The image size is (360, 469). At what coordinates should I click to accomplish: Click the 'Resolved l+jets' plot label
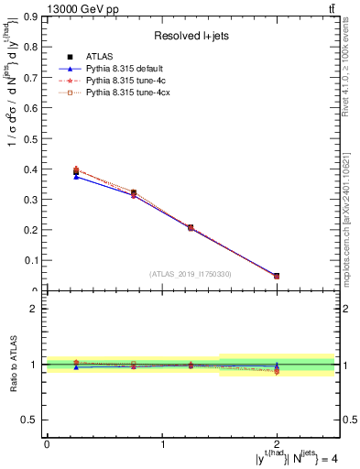tap(191, 36)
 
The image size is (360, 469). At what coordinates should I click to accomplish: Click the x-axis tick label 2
tap(278, 444)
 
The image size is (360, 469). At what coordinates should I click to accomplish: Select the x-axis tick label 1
tap(162, 444)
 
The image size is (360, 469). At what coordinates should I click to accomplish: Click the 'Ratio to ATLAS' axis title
tap(13, 364)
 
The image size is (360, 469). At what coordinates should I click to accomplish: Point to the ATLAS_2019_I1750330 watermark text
tap(191, 274)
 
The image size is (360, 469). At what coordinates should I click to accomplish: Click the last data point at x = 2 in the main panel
tap(278, 276)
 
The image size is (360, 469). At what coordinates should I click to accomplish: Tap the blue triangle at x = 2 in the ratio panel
tap(278, 365)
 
